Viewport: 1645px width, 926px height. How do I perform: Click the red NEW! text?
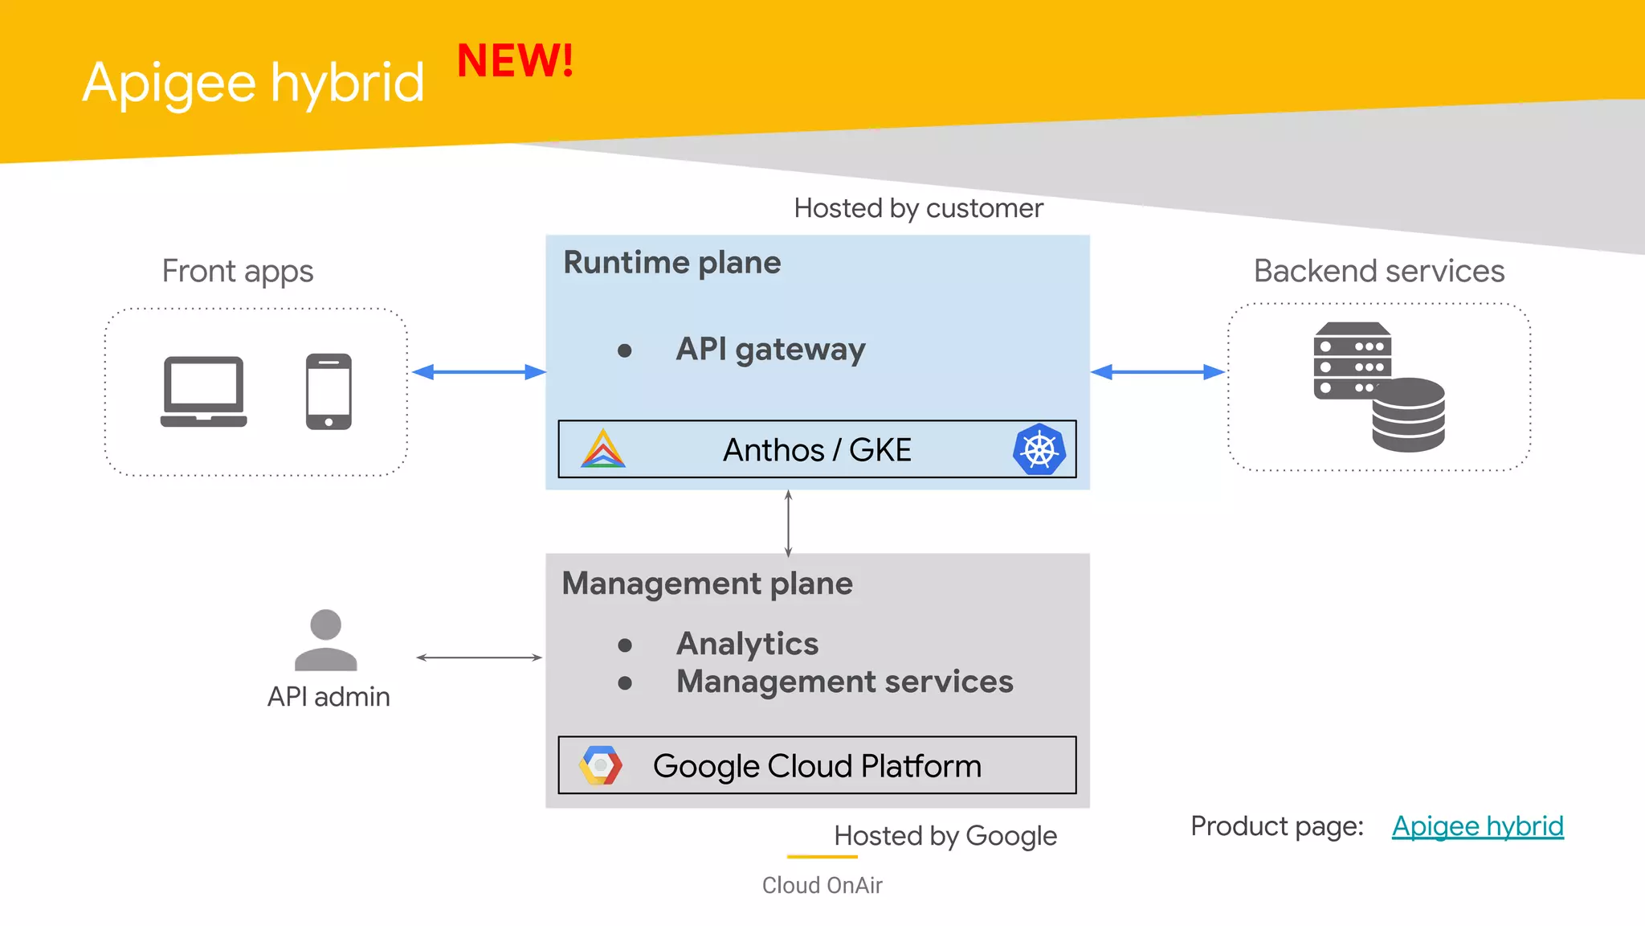[515, 61]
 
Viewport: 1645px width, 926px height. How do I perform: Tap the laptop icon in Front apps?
[204, 391]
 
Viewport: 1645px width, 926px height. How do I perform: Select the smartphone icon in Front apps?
[329, 391]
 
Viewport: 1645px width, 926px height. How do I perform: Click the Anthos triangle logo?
[602, 449]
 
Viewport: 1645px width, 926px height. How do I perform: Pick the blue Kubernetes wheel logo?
[1039, 449]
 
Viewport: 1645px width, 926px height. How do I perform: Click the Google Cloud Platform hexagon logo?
[600, 765]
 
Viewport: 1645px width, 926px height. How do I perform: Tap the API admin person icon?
[325, 640]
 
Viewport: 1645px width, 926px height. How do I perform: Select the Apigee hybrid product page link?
[1477, 826]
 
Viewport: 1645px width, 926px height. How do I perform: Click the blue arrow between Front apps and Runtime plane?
[479, 372]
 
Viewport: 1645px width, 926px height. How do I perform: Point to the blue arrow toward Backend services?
[1157, 372]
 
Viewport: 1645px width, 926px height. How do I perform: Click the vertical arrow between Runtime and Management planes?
[788, 523]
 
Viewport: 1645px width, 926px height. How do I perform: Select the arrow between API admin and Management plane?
[479, 658]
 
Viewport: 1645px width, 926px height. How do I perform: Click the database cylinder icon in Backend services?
[1408, 415]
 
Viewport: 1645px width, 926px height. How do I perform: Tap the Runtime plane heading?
[671, 263]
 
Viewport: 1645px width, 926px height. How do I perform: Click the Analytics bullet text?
[747, 644]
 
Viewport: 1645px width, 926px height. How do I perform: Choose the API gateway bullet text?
[770, 349]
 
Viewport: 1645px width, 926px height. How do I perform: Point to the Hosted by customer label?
[918, 208]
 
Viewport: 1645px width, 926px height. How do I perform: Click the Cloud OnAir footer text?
[822, 885]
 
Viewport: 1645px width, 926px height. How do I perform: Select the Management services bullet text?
[844, 682]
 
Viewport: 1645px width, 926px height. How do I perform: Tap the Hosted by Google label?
[945, 836]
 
